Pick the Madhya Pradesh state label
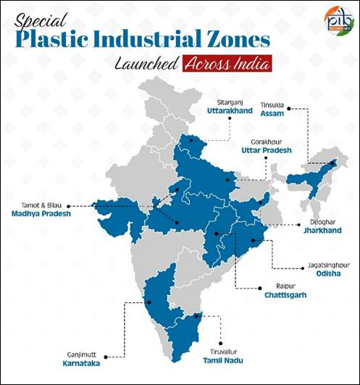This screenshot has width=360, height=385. click(39, 215)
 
